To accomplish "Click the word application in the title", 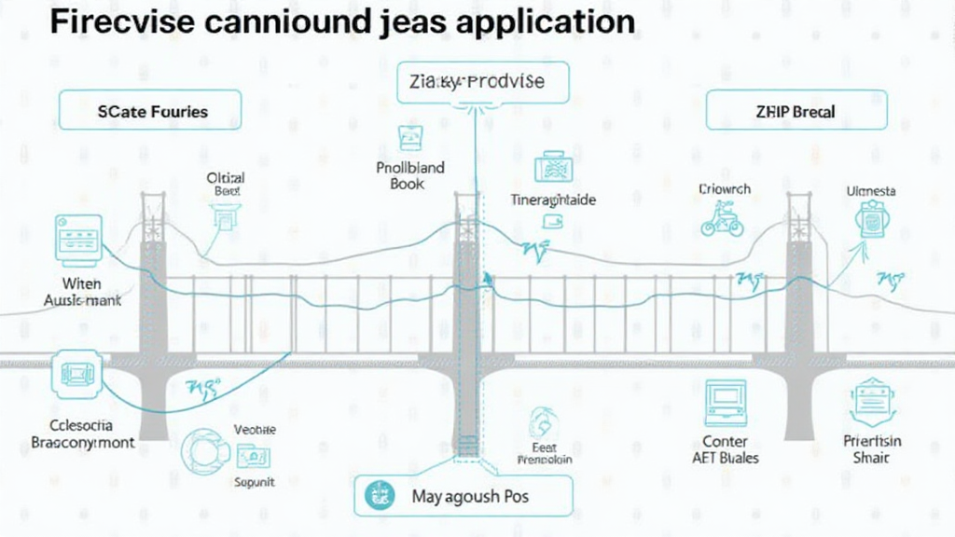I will (x=544, y=22).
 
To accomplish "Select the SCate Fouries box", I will (x=151, y=111).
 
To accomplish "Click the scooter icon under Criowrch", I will (x=722, y=221).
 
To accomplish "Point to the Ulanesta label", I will (x=870, y=191).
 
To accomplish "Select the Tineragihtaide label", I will (x=553, y=200).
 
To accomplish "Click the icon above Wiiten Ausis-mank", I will (x=78, y=237).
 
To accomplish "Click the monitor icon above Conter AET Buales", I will (x=726, y=403).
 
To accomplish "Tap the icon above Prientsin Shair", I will (x=872, y=402).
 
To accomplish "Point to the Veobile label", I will (x=255, y=430).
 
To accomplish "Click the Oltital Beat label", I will (x=226, y=184).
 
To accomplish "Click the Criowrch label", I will (x=724, y=189).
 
